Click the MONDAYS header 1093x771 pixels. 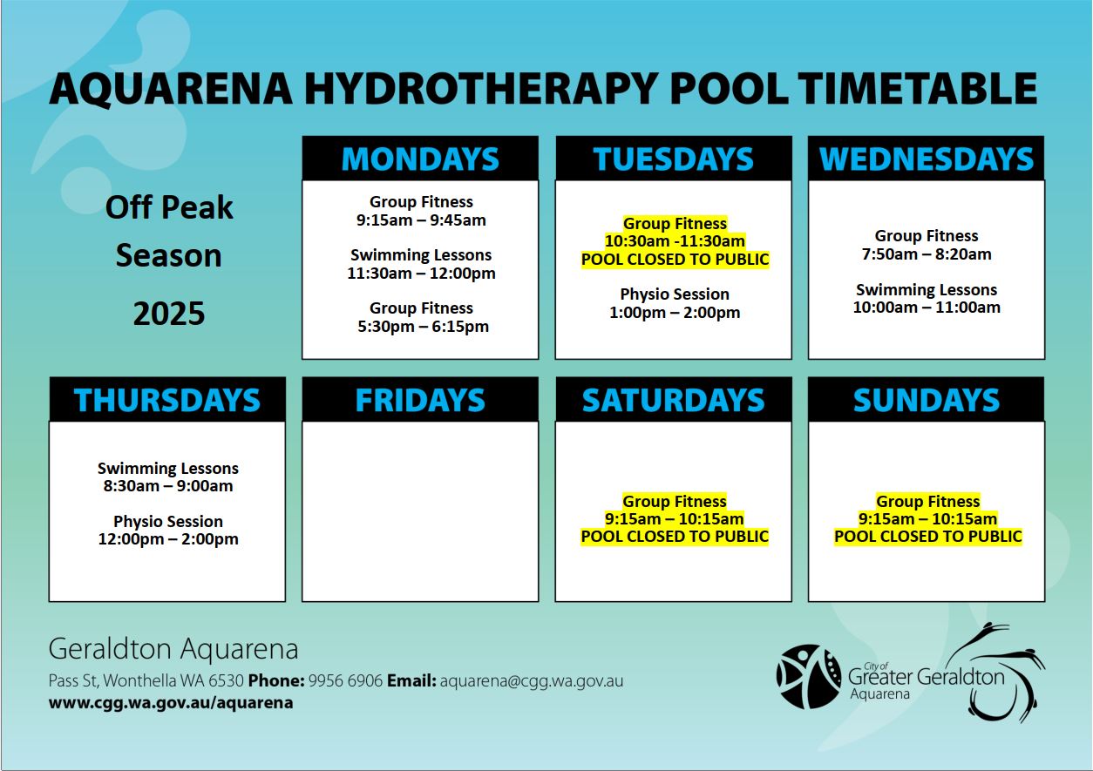pos(420,159)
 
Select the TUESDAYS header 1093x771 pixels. pos(674,159)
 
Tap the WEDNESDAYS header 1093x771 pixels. pos(927,159)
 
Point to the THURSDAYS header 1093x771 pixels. pos(166,401)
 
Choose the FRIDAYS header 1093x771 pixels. pos(420,401)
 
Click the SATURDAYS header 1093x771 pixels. pos(674,401)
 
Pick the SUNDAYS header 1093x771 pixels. pos(927,401)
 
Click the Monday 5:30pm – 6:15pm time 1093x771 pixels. pos(423,326)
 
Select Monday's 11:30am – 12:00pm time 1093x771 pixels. pos(421,273)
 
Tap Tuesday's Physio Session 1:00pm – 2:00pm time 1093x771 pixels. pos(675,313)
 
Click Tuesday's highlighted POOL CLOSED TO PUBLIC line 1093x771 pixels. pos(675,260)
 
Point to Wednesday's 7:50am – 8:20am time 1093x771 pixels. pos(927,254)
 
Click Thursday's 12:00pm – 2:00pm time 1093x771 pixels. pos(168,539)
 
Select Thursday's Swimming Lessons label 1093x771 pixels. pos(168,468)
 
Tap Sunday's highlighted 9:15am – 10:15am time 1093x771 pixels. pos(927,519)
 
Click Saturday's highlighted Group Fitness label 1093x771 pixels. pos(675,501)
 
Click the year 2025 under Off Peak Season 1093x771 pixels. pos(169,314)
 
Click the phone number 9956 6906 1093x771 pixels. pos(345,680)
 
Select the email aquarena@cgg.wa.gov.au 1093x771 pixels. pos(532,680)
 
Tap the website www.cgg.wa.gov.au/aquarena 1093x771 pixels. pos(171,703)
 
